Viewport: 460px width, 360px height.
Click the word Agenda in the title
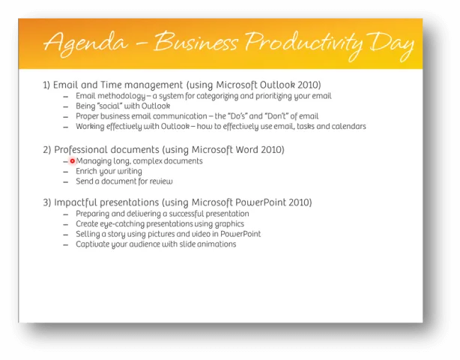(85, 43)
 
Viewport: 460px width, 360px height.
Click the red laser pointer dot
(73, 161)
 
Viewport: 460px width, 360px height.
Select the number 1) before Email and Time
(46, 85)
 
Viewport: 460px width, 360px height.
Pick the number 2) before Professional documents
(47, 150)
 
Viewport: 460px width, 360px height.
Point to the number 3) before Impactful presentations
(47, 202)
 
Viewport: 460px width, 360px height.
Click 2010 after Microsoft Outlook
(309, 85)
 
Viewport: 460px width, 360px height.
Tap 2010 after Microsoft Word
(273, 149)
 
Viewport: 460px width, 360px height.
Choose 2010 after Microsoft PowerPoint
(300, 202)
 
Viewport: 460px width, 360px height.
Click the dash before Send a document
(66, 182)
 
